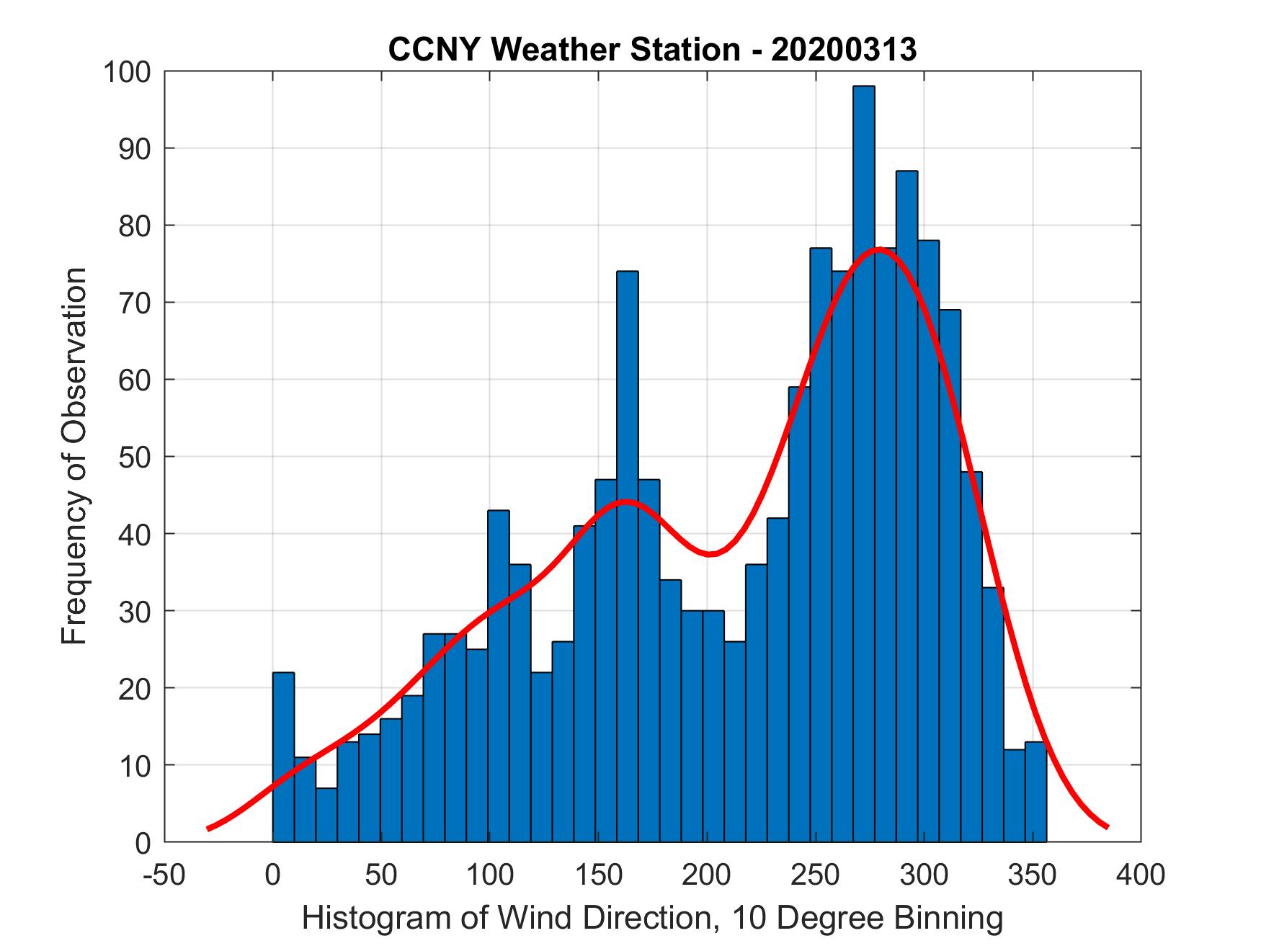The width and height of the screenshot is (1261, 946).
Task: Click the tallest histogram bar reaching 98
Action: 863,461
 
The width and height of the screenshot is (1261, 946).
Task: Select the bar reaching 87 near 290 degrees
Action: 906,504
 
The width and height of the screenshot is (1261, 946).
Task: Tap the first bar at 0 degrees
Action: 283,757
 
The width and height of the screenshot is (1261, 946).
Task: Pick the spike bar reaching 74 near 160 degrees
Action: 627,555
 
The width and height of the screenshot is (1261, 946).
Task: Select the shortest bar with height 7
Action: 326,814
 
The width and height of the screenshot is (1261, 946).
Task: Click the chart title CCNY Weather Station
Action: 652,50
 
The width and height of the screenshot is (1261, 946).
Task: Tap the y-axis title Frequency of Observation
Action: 74,455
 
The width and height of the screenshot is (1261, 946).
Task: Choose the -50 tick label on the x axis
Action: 165,875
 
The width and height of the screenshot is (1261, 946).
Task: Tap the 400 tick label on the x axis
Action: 1141,875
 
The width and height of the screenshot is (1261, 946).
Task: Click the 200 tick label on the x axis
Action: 706,875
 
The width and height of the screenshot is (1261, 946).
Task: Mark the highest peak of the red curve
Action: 878,249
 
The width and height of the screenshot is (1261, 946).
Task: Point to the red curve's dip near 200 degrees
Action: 710,553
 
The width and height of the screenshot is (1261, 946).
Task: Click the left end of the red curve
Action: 208,829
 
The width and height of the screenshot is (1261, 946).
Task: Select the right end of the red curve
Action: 1107,826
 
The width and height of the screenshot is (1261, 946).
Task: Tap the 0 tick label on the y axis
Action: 143,842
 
